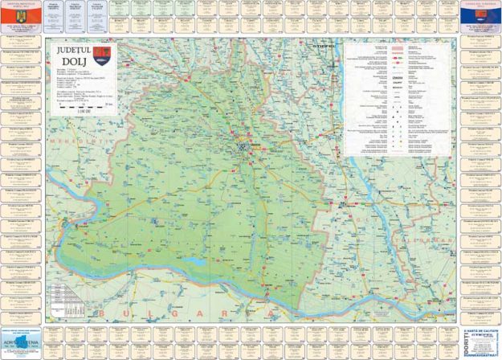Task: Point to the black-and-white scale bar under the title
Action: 84,104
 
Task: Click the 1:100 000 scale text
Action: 71,109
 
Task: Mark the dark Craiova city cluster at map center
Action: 246,146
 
